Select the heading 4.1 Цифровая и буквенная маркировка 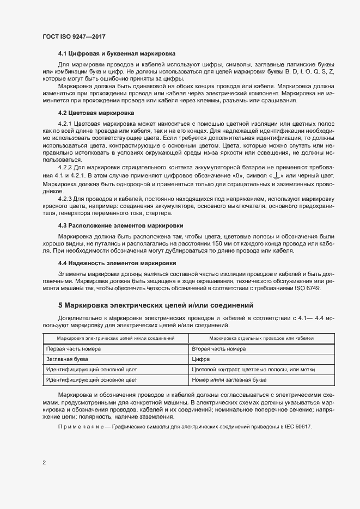(117, 54)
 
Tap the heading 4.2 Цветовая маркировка (96, 113)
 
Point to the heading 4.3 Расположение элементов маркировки (120, 225)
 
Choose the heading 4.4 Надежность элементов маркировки (118, 263)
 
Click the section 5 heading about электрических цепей (155, 305)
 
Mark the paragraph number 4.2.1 (65, 124)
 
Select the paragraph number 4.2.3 (65, 200)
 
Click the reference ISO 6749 (307, 288)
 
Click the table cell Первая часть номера (74, 348)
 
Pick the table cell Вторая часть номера (215, 348)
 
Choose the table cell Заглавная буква (68, 359)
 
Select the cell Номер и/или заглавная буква (229, 380)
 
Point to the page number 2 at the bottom (44, 463)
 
